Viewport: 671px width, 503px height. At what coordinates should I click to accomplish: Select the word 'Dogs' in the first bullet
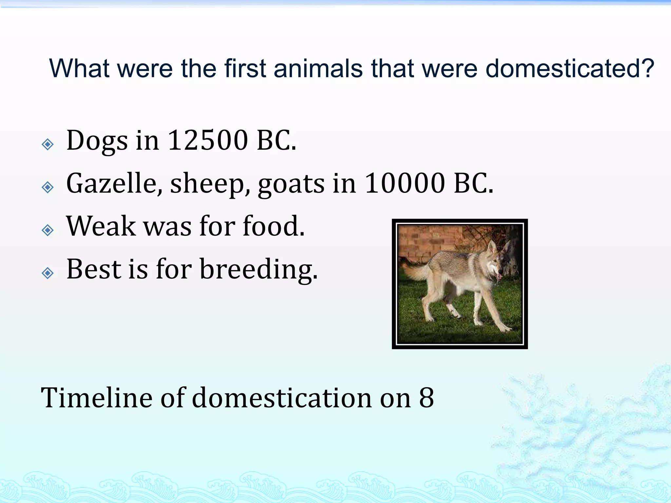97,141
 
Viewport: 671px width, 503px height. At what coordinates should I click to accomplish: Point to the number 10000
405,183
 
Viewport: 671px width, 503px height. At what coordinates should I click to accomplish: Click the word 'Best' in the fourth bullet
94,269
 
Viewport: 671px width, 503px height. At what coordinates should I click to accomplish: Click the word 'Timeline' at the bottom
97,398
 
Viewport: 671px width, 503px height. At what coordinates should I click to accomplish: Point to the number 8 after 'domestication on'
426,398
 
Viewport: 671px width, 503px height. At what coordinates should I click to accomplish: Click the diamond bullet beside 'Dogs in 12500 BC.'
48,144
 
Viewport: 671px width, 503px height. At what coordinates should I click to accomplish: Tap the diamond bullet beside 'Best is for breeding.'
48,273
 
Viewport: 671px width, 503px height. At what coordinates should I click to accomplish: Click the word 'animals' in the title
318,69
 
